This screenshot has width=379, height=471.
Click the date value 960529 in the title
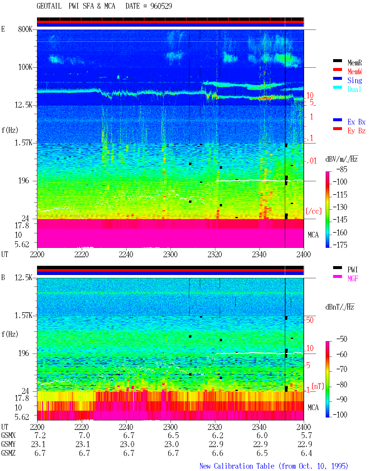click(161, 6)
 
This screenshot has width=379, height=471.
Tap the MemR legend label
click(354, 63)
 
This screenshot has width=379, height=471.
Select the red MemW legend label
click(354, 72)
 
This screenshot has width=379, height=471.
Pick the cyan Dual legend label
click(354, 89)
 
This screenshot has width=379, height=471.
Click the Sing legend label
click(354, 80)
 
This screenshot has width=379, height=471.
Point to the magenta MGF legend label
click(353, 279)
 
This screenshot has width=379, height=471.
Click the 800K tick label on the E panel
click(25, 29)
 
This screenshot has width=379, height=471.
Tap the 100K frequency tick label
click(25, 67)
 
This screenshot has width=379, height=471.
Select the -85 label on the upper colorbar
click(342, 169)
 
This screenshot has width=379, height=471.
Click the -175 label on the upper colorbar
click(340, 245)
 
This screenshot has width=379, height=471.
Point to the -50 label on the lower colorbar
click(342, 339)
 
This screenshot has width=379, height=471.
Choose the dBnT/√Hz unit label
click(340, 307)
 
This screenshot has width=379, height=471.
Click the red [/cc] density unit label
click(314, 211)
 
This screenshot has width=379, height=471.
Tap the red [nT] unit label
click(318, 386)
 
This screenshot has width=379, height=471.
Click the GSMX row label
click(8, 435)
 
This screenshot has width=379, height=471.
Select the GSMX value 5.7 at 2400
click(306, 435)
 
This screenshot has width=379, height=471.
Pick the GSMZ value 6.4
click(306, 453)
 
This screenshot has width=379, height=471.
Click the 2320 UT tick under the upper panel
click(215, 254)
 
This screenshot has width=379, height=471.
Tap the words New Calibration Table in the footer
click(237, 466)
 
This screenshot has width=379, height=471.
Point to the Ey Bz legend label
click(356, 131)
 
